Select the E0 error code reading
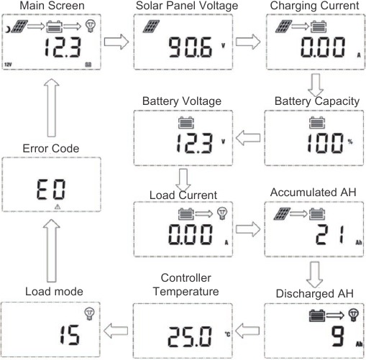[51, 189]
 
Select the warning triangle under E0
[58, 206]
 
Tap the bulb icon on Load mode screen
[90, 313]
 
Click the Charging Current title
[313, 6]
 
